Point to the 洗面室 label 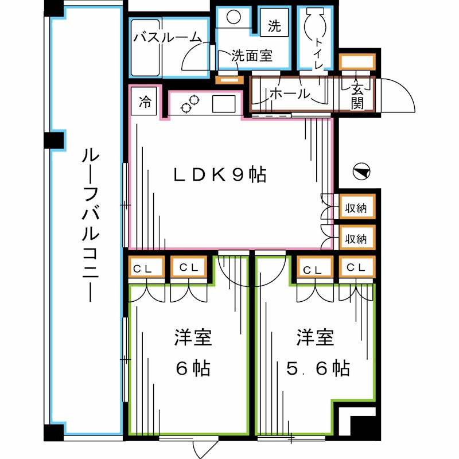point(252,56)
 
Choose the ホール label point(289,94)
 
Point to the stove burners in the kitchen point(190,103)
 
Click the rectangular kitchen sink point(224,104)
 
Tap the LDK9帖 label point(220,175)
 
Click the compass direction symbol point(361,171)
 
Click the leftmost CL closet point(146,268)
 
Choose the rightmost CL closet point(356,268)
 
